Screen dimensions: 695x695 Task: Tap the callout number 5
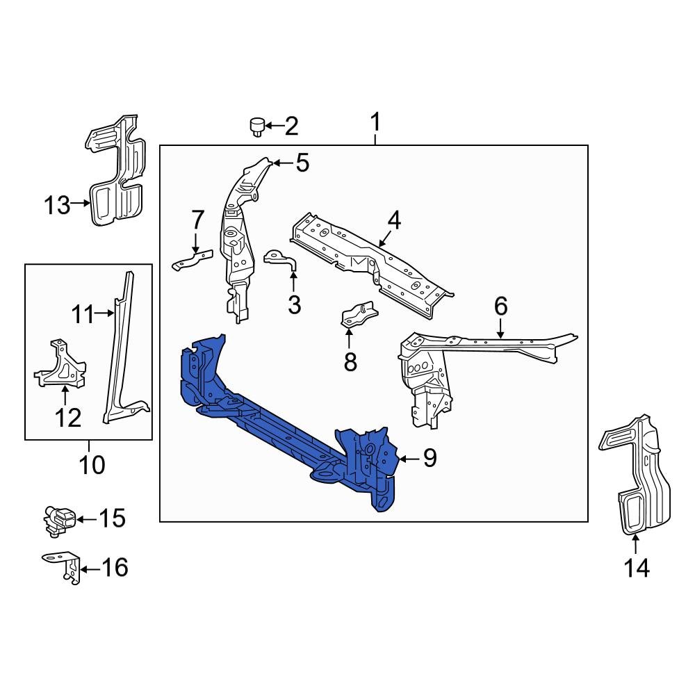click(302, 163)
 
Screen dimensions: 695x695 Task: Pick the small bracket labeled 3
click(280, 260)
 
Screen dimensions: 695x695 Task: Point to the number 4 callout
click(394, 221)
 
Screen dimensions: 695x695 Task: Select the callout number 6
click(500, 306)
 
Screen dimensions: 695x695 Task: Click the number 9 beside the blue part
click(430, 458)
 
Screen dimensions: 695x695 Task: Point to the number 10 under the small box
click(92, 464)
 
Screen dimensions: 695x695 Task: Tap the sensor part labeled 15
click(57, 519)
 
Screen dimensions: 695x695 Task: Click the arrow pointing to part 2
click(272, 126)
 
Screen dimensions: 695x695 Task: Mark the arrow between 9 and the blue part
click(409, 458)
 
